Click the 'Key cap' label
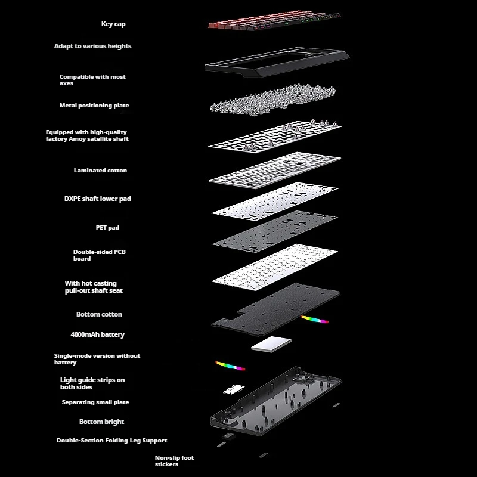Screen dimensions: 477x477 tap(113, 24)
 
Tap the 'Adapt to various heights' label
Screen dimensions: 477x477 tap(92, 46)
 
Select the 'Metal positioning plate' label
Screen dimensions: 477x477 tap(94, 106)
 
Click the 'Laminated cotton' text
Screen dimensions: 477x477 tap(100, 171)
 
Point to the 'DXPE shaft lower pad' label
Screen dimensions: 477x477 tap(97, 199)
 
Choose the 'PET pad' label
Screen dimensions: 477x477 tap(107, 227)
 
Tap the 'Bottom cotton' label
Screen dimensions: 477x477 tap(99, 314)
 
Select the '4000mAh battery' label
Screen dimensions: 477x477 tap(97, 334)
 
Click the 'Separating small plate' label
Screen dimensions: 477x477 tap(95, 402)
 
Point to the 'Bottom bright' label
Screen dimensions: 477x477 tap(101, 422)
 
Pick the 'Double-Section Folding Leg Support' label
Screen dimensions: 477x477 tap(111, 441)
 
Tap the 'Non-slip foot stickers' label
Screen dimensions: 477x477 tap(174, 461)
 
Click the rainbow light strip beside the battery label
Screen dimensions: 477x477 tap(230, 365)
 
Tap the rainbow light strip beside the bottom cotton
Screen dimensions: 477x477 tap(315, 320)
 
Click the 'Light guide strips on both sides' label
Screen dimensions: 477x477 tap(92, 383)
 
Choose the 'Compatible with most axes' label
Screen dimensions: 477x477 tap(92, 80)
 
